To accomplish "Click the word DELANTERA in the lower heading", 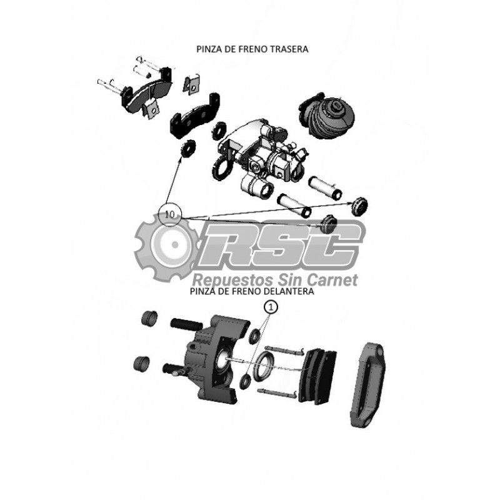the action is (x=291, y=291).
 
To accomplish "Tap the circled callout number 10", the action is (x=171, y=214).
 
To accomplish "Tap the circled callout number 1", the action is (x=271, y=307).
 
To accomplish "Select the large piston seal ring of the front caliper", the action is (x=263, y=367).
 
